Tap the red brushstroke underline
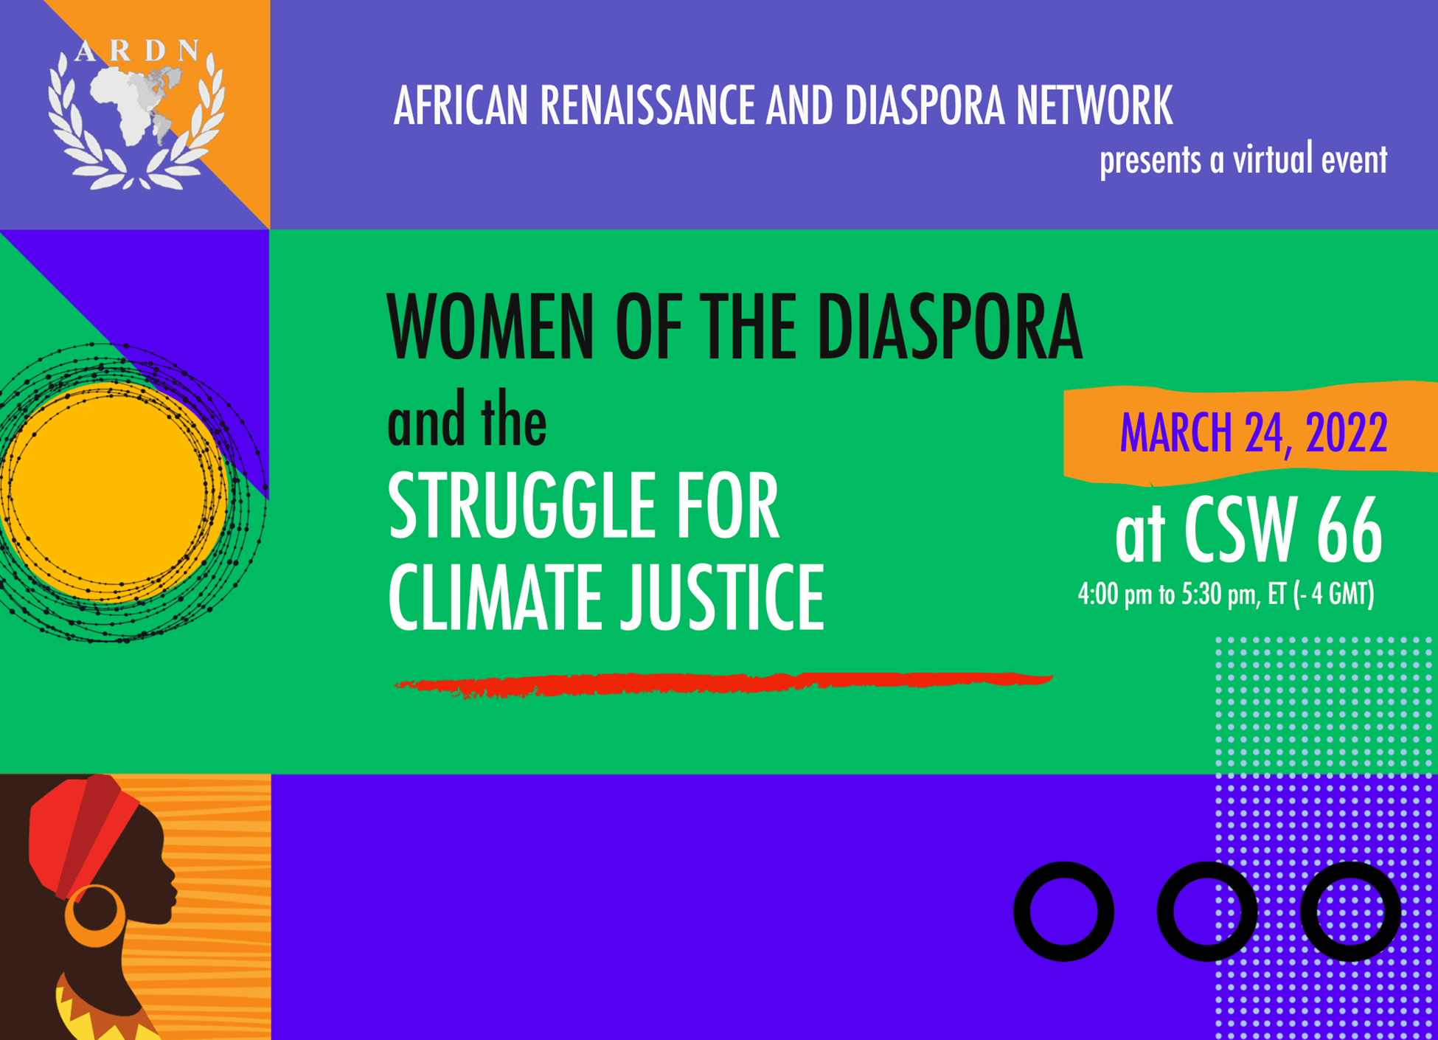tap(723, 684)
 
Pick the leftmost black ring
tap(1063, 912)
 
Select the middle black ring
tap(1206, 912)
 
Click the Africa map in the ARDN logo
tap(125, 103)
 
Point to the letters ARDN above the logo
tap(137, 50)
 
